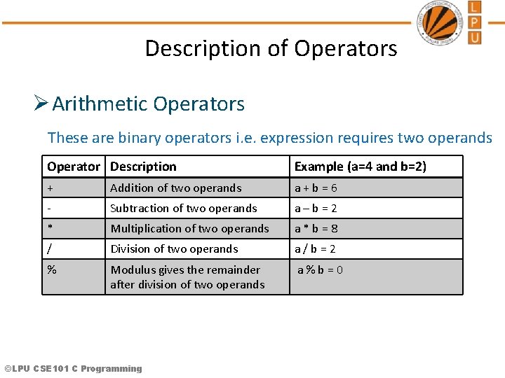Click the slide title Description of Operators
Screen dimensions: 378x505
(271, 48)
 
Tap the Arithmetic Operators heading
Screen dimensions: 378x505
(148, 104)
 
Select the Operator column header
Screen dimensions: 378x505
(73, 167)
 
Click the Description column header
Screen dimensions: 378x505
(143, 167)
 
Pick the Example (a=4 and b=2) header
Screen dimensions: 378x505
(360, 167)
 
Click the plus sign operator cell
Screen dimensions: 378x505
(50, 188)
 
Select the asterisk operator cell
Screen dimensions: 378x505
(50, 228)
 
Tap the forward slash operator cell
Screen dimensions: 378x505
(50, 248)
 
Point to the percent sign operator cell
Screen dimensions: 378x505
(51, 269)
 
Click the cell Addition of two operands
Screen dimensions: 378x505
(175, 188)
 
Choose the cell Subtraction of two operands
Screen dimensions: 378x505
(184, 209)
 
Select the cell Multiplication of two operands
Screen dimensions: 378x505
(189, 229)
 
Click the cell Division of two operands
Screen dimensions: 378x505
(174, 249)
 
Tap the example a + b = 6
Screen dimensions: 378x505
(316, 188)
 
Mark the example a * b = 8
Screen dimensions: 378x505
(316, 229)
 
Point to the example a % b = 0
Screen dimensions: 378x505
(320, 270)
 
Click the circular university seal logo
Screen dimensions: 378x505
(440, 23)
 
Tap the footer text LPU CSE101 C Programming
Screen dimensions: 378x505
(73, 368)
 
